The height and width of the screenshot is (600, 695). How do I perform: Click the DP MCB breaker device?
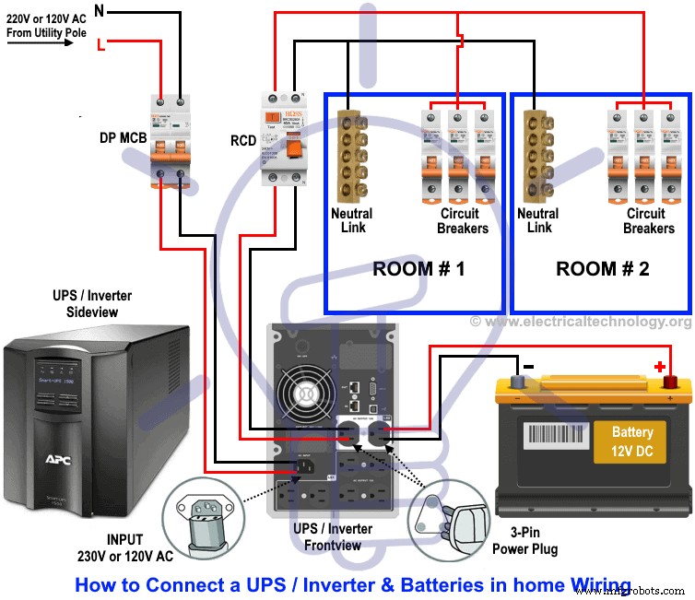171,138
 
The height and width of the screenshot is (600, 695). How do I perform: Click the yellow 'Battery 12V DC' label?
631,441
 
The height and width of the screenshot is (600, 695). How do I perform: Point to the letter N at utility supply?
99,11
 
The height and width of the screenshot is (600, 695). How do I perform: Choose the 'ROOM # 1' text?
413,270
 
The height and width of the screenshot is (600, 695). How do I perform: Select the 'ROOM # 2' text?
597,270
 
